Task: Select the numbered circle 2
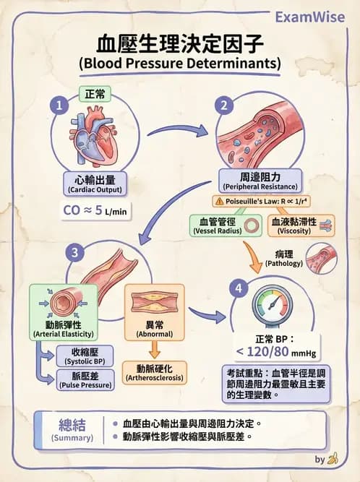226,106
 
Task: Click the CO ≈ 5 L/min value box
94,212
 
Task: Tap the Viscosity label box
293,225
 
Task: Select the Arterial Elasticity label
62,330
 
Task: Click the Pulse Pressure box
85,381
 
